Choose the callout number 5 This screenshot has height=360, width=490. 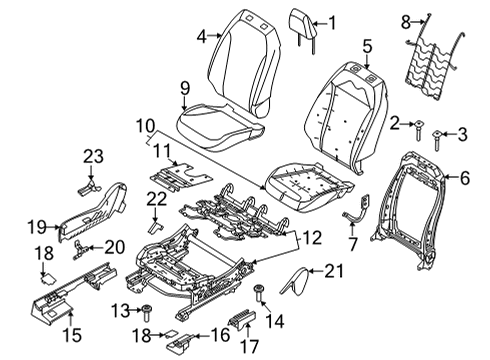[x=367, y=45]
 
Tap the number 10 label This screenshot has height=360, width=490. [x=145, y=126]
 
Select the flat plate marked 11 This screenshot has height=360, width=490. [x=178, y=174]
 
